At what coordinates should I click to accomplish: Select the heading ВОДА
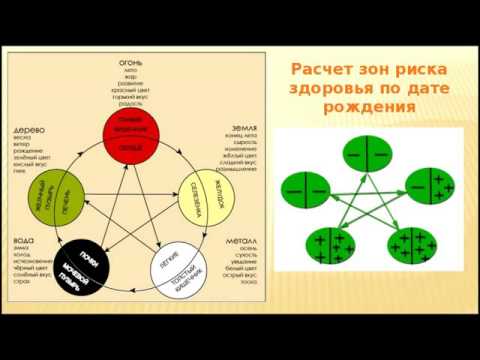24,240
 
